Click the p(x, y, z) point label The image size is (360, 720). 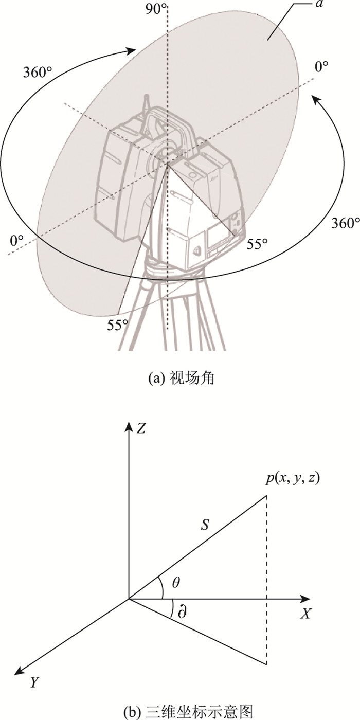292,479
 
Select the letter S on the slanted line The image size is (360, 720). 205,525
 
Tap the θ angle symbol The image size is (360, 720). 175,582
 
